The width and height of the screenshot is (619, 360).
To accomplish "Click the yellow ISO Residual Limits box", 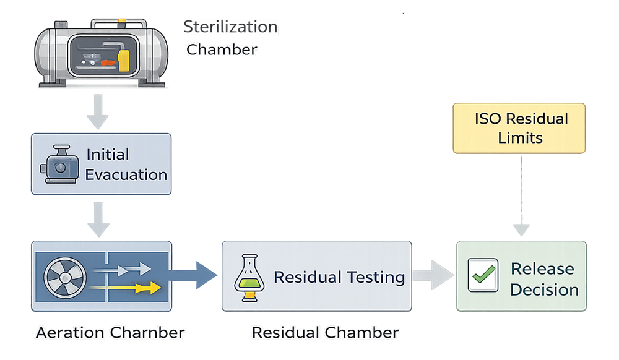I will [x=519, y=128].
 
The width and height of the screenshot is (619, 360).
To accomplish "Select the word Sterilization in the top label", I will [x=230, y=27].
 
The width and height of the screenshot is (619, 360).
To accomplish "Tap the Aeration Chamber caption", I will [x=110, y=333].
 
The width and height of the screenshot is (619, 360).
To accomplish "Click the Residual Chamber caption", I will [x=325, y=333].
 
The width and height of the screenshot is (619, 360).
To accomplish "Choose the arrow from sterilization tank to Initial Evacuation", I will [x=97, y=113].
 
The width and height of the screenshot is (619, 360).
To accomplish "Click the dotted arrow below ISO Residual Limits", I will [x=521, y=198].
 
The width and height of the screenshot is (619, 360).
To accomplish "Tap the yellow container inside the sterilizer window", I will [x=123, y=60].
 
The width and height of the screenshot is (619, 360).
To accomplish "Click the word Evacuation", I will [x=126, y=174].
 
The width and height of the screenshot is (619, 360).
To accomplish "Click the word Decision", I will [x=544, y=289].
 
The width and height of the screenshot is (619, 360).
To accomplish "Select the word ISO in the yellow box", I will [x=487, y=119].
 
